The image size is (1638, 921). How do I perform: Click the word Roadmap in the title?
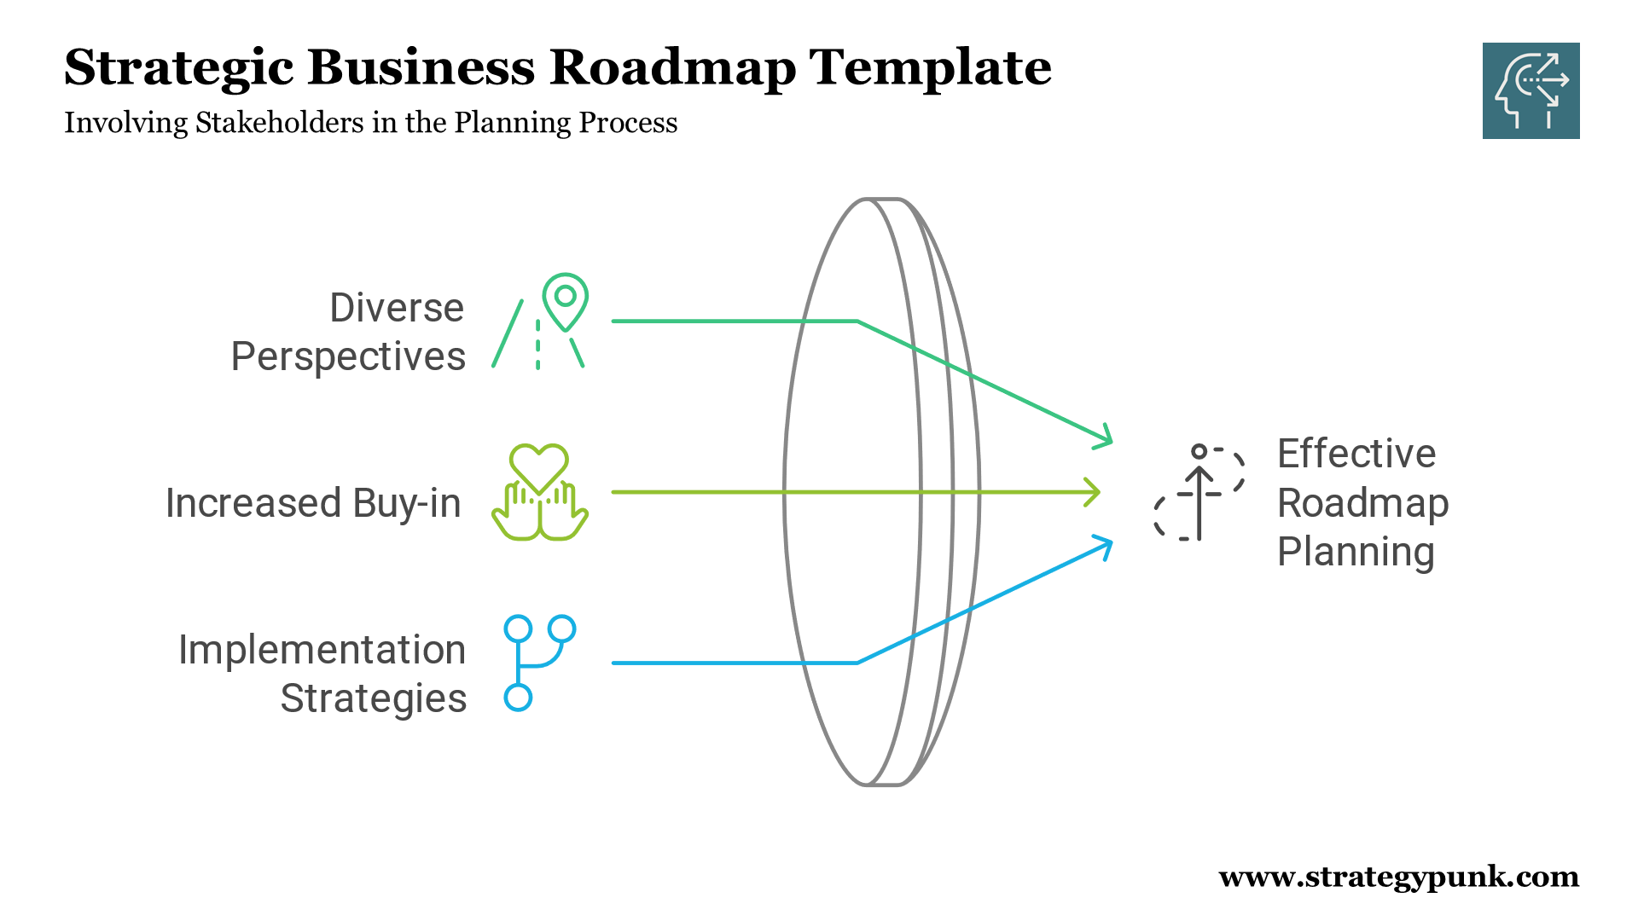coord(672,68)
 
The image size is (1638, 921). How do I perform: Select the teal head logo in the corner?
coord(1531,90)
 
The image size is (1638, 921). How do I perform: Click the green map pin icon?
coord(565,301)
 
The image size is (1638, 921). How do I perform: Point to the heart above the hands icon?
coord(538,467)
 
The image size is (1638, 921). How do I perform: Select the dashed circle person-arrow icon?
coord(1199,494)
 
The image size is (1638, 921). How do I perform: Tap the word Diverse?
coord(397,308)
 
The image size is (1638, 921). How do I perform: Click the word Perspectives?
coord(348,356)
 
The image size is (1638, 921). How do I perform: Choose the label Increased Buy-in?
coord(313,503)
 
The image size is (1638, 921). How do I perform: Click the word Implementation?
coord(322,650)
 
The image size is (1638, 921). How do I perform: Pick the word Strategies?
coord(373,698)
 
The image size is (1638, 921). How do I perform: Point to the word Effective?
coord(1356,454)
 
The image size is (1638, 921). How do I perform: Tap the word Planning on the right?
coord(1355,552)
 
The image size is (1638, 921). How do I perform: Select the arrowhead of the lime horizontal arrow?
coord(1094,492)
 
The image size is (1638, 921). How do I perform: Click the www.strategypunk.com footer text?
coord(1398,877)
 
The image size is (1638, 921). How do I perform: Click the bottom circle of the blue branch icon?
coord(518,697)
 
